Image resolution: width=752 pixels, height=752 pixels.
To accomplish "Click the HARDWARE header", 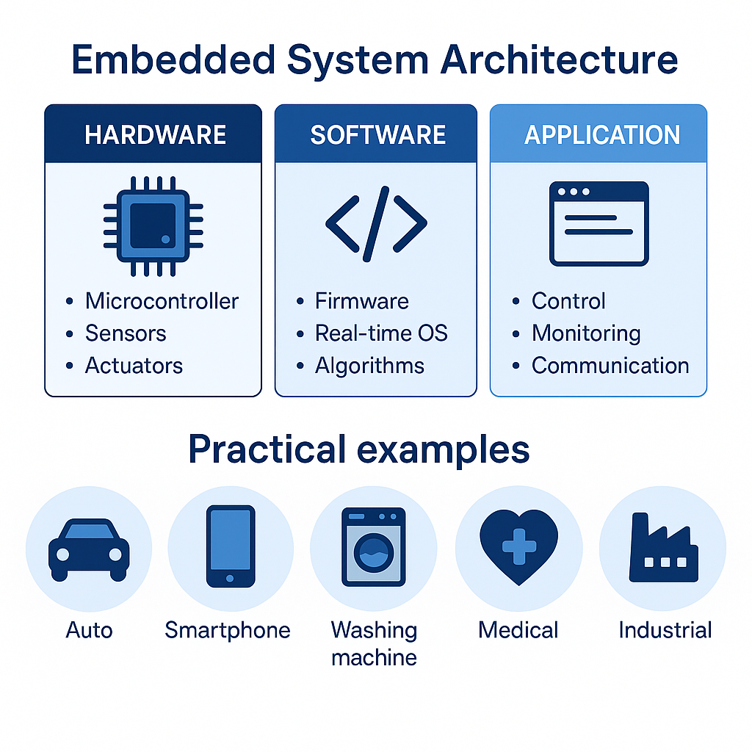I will click(x=155, y=135).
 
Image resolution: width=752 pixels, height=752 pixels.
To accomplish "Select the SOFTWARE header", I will click(x=377, y=135).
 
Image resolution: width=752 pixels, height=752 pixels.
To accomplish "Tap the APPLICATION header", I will click(x=601, y=135).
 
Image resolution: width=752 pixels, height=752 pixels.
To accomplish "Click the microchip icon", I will click(x=153, y=225).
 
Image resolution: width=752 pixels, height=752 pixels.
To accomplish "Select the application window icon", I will click(x=599, y=223).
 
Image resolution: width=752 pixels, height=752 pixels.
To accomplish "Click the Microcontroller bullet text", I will click(x=162, y=301).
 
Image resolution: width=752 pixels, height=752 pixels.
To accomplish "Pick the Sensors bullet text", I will click(x=126, y=333).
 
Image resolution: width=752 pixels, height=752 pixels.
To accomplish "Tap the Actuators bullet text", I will click(x=134, y=366).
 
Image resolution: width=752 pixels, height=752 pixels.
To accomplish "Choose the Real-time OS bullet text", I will click(x=381, y=333).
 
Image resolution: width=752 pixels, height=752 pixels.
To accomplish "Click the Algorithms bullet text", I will click(x=369, y=366).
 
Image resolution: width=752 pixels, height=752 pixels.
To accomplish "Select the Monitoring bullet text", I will click(x=586, y=333).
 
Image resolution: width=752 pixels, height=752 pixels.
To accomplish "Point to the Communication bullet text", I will click(x=610, y=366).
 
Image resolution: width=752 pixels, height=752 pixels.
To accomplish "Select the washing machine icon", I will click(x=374, y=547).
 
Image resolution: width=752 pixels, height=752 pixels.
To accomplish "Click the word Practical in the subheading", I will click(x=267, y=449).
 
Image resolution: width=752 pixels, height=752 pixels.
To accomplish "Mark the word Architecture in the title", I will click(x=558, y=61).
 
